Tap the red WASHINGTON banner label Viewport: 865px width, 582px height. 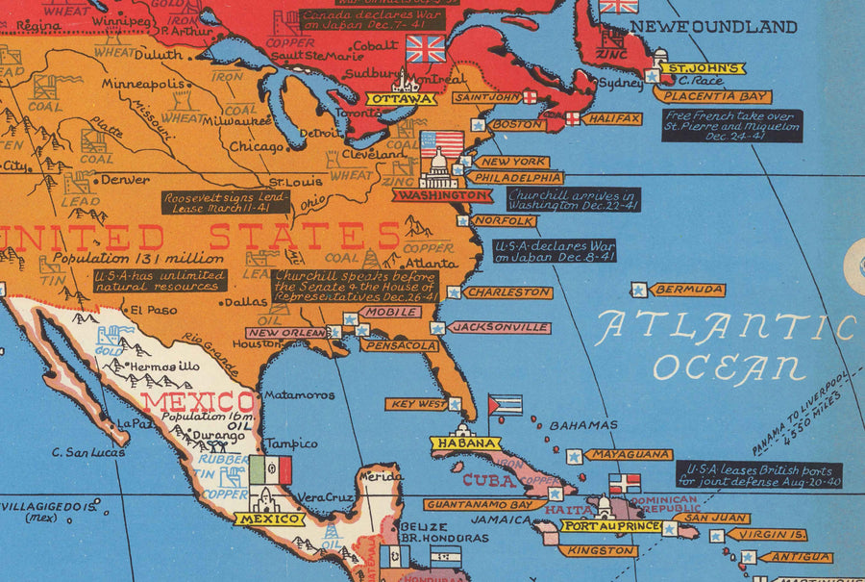click(x=442, y=195)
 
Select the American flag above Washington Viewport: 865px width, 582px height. click(x=441, y=144)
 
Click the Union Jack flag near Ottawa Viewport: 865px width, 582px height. click(x=426, y=48)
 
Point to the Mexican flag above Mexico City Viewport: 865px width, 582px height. click(x=270, y=470)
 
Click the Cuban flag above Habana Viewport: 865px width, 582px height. click(x=505, y=404)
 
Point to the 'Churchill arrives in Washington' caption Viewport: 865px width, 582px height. click(x=573, y=199)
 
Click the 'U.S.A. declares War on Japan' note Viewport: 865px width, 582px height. click(x=555, y=251)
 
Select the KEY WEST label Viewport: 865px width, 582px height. click(x=417, y=404)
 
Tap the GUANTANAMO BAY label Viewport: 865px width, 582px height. click(x=480, y=504)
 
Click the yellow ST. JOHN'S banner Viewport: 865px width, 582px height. click(x=706, y=68)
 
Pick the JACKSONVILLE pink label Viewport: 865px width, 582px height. click(x=499, y=328)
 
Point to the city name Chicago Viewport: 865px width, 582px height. click(x=257, y=147)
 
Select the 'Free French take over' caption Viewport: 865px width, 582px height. click(x=731, y=126)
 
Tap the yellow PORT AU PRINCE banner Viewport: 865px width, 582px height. click(x=611, y=526)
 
